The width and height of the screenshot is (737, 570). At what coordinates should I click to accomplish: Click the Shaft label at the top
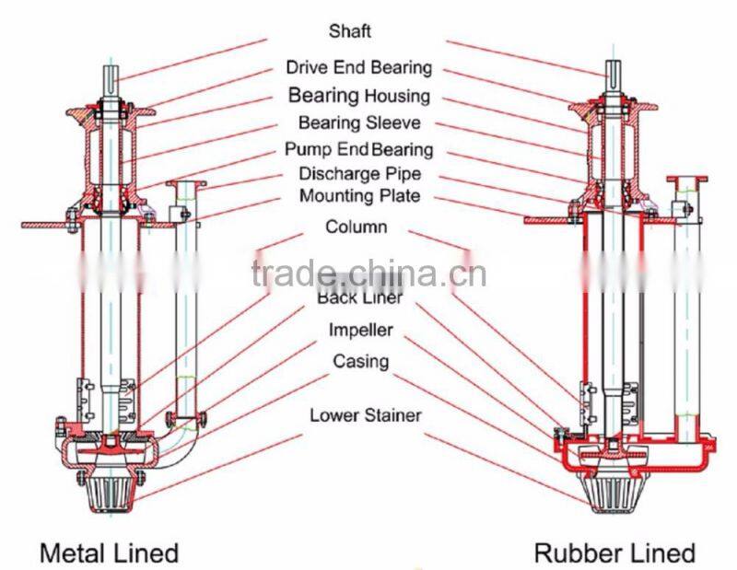[x=350, y=31]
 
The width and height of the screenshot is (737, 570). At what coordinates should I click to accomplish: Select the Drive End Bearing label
[x=358, y=67]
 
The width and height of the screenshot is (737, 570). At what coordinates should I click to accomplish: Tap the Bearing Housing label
[x=358, y=95]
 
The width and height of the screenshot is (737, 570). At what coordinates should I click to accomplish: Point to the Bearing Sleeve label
[x=358, y=122]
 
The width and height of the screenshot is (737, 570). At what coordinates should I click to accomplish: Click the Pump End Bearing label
[x=358, y=149]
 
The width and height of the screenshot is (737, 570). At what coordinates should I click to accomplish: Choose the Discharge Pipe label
[x=358, y=173]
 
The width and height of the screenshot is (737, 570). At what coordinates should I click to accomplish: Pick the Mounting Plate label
[x=359, y=196]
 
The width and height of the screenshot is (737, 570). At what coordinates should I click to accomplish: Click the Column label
[x=357, y=227]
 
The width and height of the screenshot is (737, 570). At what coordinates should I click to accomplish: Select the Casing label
[x=361, y=361]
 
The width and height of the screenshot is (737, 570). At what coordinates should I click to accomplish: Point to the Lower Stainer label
[x=365, y=415]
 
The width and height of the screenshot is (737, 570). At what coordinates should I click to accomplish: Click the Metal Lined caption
[x=109, y=553]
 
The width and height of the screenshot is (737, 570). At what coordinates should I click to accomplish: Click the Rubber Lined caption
[x=614, y=553]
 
